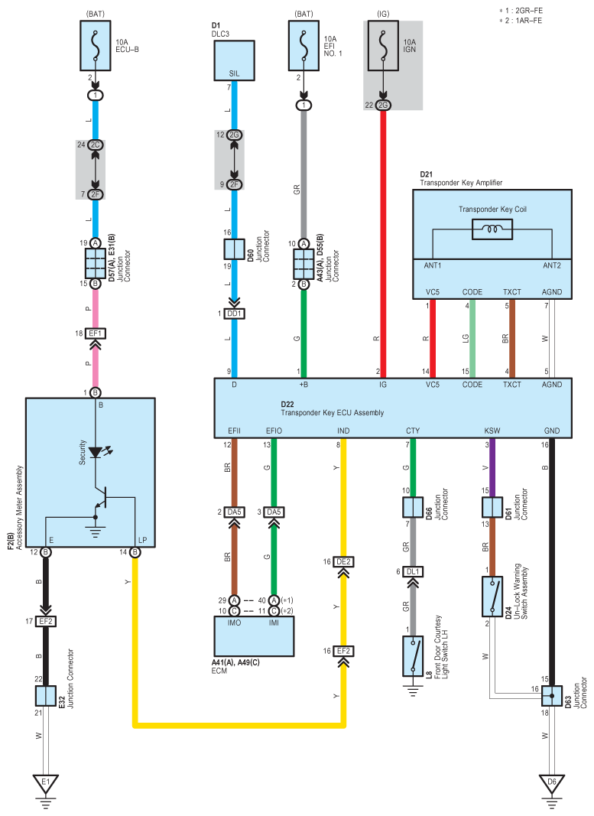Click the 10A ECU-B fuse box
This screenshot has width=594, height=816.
pyautogui.click(x=96, y=45)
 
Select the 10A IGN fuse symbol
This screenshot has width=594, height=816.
pyautogui.click(x=383, y=45)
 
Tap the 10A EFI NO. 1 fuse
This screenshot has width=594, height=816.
pyautogui.click(x=303, y=45)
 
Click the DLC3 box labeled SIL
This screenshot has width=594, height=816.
pyautogui.click(x=234, y=60)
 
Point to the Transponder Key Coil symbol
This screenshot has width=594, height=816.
pyautogui.click(x=492, y=229)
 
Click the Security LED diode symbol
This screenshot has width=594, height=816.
pyautogui.click(x=96, y=452)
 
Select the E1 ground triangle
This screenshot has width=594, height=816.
pyautogui.click(x=46, y=782)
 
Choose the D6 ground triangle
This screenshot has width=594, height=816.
pyautogui.click(x=552, y=782)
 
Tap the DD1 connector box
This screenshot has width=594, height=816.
pyautogui.click(x=234, y=314)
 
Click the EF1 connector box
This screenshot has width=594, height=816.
pyautogui.click(x=96, y=333)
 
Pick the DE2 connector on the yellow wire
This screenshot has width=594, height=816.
pyautogui.click(x=343, y=561)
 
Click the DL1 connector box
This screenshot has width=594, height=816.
pyautogui.click(x=413, y=571)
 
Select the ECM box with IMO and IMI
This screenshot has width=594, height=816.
pyautogui.click(x=255, y=636)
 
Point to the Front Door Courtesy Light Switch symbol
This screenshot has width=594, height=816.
pyautogui.click(x=413, y=655)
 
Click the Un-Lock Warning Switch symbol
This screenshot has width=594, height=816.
pyautogui.click(x=492, y=597)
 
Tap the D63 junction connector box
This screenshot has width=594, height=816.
pyautogui.click(x=552, y=695)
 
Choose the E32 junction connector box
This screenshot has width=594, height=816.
pyautogui.click(x=46, y=695)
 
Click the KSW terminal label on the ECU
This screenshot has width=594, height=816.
pyautogui.click(x=492, y=431)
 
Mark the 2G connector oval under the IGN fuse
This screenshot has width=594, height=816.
pyautogui.click(x=383, y=105)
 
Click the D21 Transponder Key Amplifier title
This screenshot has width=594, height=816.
pyautogui.click(x=461, y=178)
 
